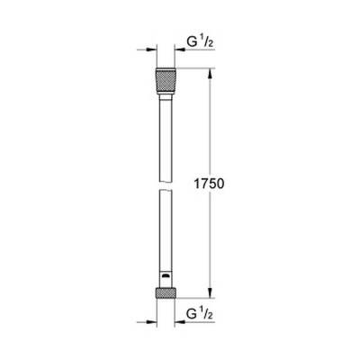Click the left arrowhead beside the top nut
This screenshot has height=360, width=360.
click(x=149, y=51)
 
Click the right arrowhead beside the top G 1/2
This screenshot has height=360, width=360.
click(x=180, y=51)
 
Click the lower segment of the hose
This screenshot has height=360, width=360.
click(x=165, y=234)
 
